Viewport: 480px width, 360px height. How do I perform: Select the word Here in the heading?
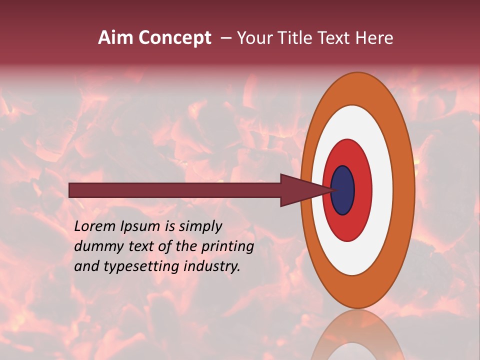point(375,38)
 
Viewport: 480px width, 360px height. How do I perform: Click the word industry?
point(212,266)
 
